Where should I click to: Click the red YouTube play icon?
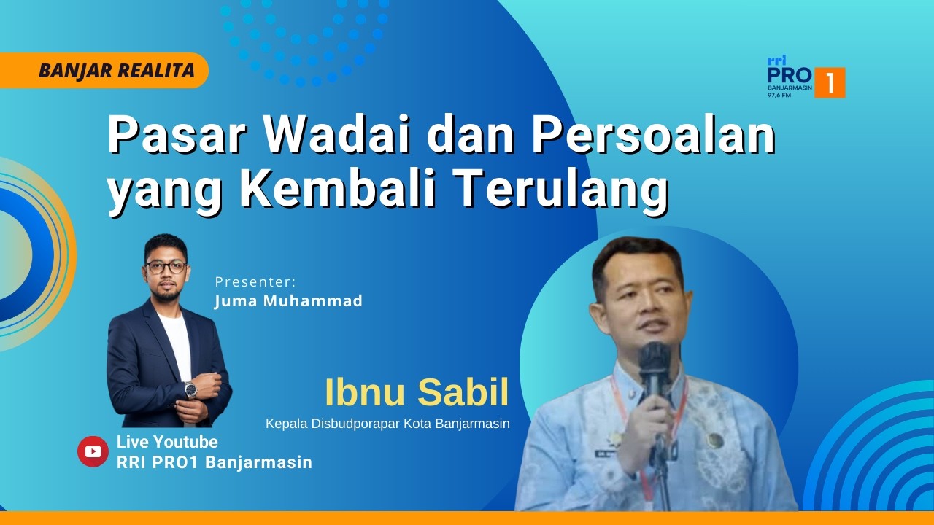click(x=93, y=451)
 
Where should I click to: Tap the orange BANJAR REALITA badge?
click(x=117, y=71)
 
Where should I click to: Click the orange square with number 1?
click(x=830, y=82)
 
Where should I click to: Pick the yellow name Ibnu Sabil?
click(x=417, y=393)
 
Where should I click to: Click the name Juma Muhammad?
click(x=288, y=300)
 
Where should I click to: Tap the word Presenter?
click(x=256, y=281)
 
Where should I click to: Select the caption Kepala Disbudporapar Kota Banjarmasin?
click(x=387, y=424)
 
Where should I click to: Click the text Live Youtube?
click(x=167, y=442)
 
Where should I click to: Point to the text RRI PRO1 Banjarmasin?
click(x=215, y=462)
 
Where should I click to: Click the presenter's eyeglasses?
click(x=166, y=267)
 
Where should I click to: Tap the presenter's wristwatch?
click(x=190, y=389)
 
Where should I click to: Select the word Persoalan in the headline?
click(x=652, y=134)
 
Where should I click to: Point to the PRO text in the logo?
click(x=789, y=75)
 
